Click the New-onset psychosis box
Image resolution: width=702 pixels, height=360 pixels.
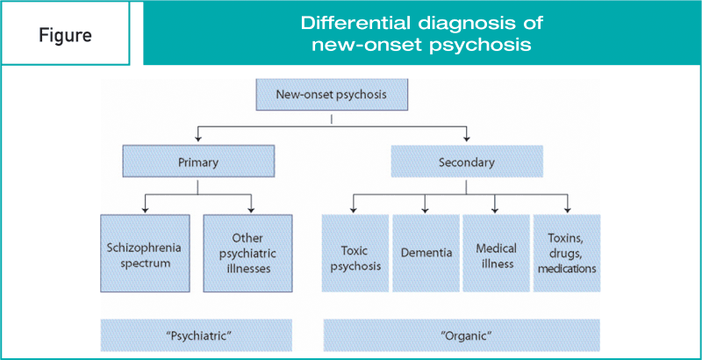332,95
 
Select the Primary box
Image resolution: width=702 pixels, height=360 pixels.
198,162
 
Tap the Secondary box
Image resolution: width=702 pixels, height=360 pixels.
467,162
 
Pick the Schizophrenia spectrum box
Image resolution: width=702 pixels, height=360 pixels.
145,254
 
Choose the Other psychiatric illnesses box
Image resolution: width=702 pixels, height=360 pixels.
247,254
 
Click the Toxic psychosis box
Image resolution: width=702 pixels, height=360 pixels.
355,254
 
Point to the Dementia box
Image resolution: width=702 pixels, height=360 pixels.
426,254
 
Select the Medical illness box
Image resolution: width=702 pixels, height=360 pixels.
496,254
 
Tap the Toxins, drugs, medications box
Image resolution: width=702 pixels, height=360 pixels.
567,254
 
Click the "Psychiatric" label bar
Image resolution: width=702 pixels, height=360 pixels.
196,335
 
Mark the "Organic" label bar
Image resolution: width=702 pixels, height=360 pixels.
462,335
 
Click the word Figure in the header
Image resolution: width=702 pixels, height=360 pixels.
65,34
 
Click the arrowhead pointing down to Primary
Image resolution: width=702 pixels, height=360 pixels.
198,139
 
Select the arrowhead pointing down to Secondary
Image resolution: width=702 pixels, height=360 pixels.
467,139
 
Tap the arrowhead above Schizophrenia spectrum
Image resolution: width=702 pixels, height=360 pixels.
145,208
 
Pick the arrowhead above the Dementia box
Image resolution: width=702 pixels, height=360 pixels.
425,208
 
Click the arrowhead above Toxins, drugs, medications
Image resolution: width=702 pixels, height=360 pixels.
567,208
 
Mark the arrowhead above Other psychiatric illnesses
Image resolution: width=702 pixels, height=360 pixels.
251,208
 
